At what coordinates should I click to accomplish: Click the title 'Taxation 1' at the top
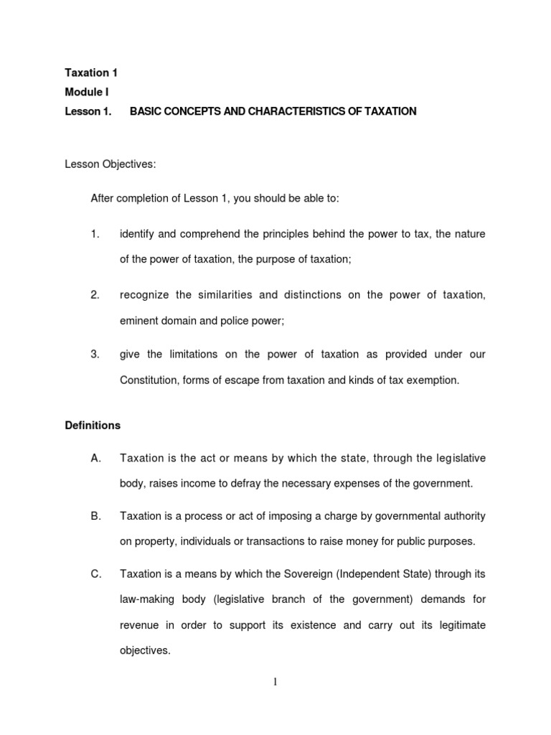click(91, 72)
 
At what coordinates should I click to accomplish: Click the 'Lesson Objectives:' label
click(110, 165)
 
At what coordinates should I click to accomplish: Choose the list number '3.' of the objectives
click(95, 354)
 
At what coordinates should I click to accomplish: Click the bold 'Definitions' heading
click(93, 426)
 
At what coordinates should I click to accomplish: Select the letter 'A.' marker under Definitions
click(96, 458)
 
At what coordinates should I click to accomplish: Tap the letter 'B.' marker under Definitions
click(96, 516)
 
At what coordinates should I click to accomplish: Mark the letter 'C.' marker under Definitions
click(96, 574)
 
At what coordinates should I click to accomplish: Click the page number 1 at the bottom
click(275, 683)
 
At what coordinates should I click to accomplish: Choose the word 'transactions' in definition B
click(260, 542)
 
